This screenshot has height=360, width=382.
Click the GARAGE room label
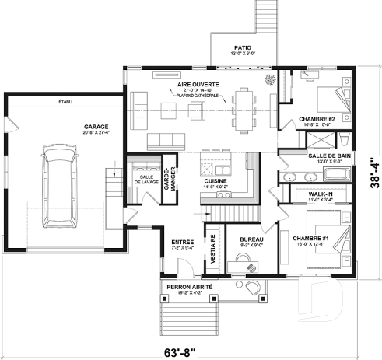(x=96, y=126)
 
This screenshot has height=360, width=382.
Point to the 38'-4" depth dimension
(x=374, y=184)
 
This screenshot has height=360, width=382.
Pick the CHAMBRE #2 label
(x=315, y=119)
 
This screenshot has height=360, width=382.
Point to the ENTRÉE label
(x=182, y=242)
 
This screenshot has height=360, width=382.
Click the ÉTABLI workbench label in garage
(x=65, y=102)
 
